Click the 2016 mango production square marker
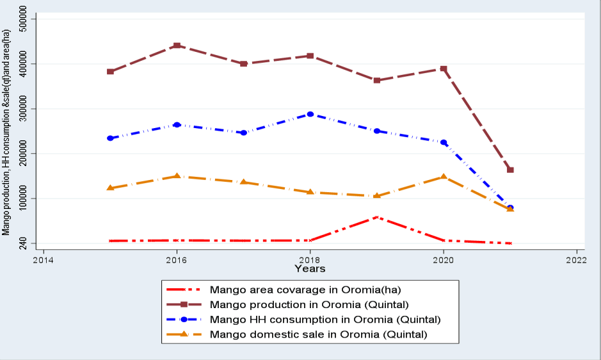pos(177,45)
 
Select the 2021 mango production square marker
pos(510,170)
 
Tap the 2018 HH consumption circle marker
pos(310,114)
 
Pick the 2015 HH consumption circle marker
pos(110,138)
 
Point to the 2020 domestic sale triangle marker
pos(444,177)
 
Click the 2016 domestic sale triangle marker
pos(177,176)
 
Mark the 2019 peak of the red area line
pos(377,217)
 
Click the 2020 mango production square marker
pos(444,69)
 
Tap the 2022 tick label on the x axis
pos(577,260)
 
